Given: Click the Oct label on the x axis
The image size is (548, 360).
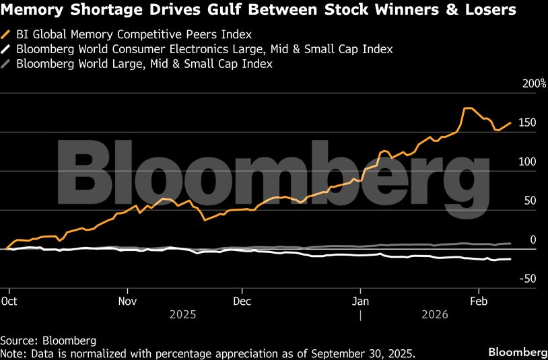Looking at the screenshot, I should (9, 301).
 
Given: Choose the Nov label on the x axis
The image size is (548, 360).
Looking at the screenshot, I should (127, 301).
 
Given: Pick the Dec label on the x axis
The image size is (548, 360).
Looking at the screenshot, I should (242, 301).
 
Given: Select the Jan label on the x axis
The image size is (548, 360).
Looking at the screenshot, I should (361, 301).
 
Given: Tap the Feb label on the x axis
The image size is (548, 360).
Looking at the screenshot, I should (478, 301).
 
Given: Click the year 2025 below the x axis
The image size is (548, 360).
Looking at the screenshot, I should (183, 314).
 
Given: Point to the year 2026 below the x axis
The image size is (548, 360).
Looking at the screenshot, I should (435, 314).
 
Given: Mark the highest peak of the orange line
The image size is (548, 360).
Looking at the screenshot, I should (467, 108).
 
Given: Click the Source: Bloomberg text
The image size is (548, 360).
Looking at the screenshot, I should (48, 340).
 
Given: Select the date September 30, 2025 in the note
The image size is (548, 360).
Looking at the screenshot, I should (367, 353).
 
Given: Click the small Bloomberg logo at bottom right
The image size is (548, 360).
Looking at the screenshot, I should (517, 353).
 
